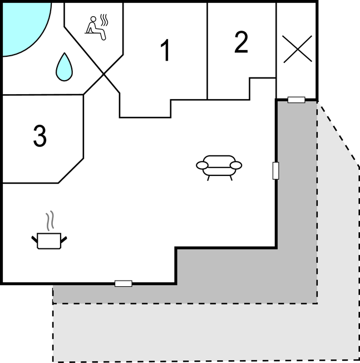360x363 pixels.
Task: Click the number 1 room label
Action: [x=165, y=50]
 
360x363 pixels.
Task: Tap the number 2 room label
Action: [x=241, y=42]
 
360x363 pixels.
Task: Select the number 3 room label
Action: [x=40, y=136]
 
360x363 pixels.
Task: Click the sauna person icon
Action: [x=96, y=28]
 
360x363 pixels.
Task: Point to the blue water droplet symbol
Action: [x=64, y=67]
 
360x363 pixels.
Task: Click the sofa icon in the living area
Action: [x=219, y=168]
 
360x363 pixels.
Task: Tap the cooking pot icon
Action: [x=49, y=241]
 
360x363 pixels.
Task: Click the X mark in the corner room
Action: [x=298, y=49]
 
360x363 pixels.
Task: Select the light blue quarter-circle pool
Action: [x=26, y=28]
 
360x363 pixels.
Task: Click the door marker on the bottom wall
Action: [x=124, y=283]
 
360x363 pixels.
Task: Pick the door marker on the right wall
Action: [x=275, y=170]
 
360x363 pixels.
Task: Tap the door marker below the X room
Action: [x=297, y=100]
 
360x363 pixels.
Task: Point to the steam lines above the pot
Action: [x=50, y=220]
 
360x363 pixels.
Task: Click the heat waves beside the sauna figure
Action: [x=104, y=20]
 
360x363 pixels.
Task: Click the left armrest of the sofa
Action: [x=202, y=165]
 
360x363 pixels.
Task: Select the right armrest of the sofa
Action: [x=236, y=165]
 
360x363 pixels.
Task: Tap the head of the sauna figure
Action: [x=93, y=19]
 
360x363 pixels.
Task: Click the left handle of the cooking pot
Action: [x=34, y=239]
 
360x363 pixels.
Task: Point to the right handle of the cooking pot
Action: [x=64, y=239]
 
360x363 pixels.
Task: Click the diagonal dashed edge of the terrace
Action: [x=338, y=134]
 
